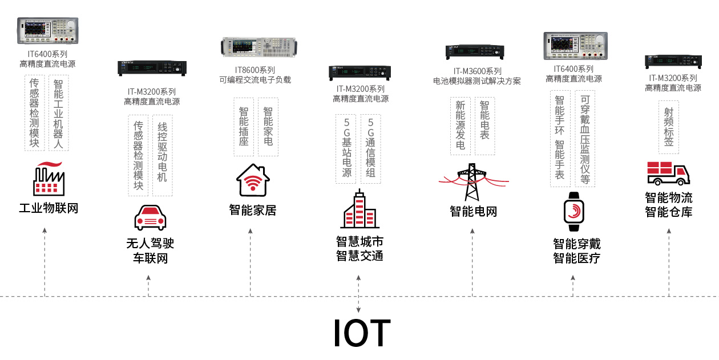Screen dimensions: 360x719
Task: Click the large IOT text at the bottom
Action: pos(362,333)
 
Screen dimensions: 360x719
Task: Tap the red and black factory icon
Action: pos(49,179)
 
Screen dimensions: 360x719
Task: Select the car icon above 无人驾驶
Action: pos(150,217)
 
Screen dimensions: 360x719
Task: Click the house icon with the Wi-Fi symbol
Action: pos(253,180)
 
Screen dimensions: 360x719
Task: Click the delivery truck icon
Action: pos(668,173)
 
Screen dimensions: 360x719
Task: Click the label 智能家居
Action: pos(253,210)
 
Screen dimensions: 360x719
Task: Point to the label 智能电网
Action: pos(473,212)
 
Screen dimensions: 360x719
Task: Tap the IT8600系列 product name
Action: pos(255,70)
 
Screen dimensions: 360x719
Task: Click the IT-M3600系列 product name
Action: pos(478,71)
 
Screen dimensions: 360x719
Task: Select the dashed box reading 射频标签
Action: pos(668,127)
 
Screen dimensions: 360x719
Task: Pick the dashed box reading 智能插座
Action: pos(244,127)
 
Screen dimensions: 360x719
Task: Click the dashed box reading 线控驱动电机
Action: pos(162,155)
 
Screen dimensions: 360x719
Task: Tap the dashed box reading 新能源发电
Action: pos(461,126)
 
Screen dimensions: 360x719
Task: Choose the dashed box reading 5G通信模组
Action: pos(371,148)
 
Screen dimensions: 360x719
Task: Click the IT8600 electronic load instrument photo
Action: pos(260,46)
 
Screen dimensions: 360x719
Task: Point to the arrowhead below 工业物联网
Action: pos(45,230)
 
